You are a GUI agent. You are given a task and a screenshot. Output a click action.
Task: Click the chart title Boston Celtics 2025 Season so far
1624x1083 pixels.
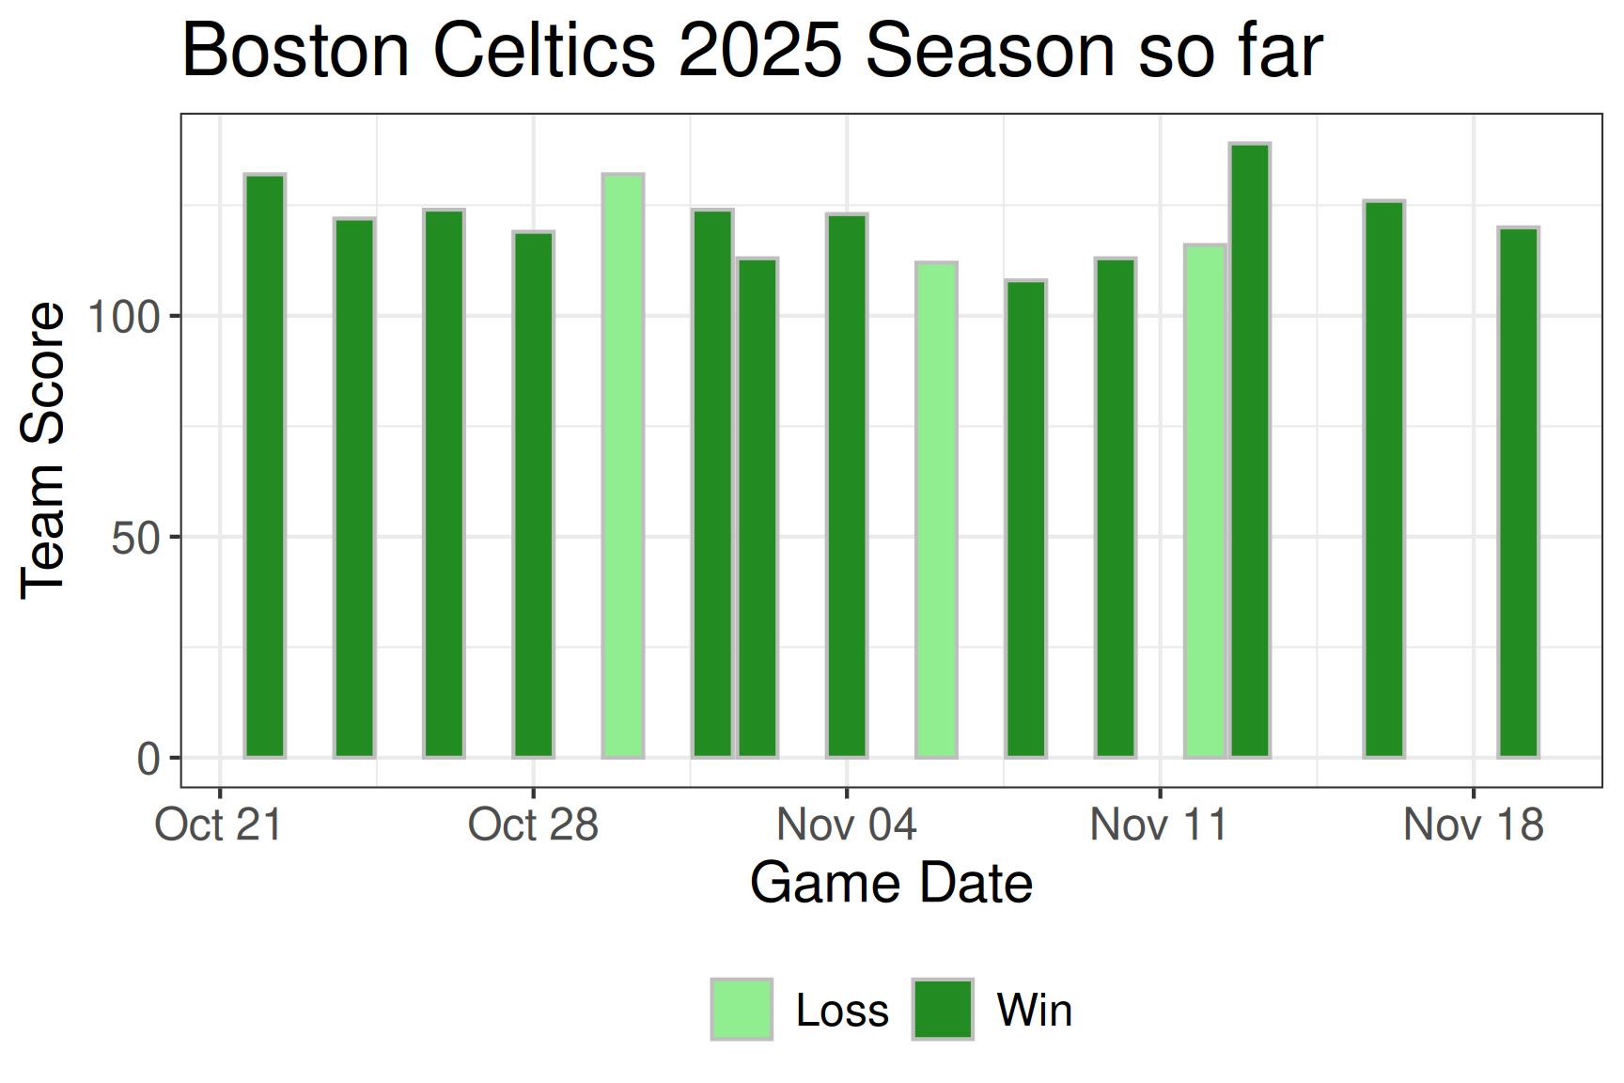(x=752, y=51)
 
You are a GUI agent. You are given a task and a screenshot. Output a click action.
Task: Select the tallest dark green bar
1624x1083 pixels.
(x=1250, y=451)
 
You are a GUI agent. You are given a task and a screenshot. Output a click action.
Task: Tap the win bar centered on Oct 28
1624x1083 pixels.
(x=534, y=494)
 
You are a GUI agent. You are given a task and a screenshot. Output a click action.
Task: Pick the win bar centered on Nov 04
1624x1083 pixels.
(x=847, y=485)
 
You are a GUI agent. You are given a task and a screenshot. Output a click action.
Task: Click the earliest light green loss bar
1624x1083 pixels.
(x=623, y=465)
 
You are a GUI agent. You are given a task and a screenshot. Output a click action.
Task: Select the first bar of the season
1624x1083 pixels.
(x=265, y=465)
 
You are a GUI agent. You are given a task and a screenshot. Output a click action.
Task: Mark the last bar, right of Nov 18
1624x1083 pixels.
(x=1519, y=492)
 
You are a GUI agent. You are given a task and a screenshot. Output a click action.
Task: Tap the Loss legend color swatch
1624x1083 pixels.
(x=742, y=1010)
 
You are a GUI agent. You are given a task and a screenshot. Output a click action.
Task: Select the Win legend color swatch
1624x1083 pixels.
(x=943, y=1010)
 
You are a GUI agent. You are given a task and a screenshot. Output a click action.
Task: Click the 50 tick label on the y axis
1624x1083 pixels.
(x=135, y=538)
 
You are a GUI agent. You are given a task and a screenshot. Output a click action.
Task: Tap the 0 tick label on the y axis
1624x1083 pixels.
(x=148, y=759)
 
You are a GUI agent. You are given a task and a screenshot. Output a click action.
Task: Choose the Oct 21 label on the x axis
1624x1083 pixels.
(x=219, y=825)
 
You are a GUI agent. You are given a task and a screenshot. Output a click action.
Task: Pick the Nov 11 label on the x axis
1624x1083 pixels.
(x=1159, y=825)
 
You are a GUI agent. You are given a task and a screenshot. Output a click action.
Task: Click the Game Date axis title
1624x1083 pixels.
(x=891, y=884)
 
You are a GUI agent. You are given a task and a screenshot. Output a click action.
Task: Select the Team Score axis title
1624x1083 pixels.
(x=43, y=449)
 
